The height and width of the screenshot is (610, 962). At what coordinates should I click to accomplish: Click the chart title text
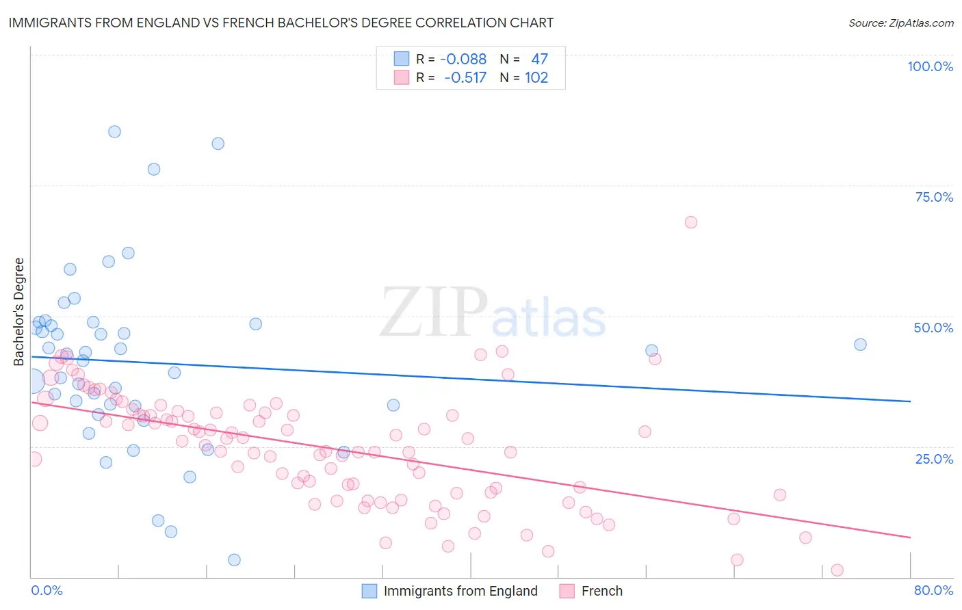(281, 23)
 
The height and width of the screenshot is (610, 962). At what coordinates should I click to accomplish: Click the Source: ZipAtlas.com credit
(900, 23)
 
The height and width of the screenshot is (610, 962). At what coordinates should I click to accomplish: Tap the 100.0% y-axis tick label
(930, 66)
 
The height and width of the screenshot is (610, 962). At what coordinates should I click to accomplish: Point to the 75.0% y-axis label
(934, 197)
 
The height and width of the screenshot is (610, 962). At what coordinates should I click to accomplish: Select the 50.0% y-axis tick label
(933, 328)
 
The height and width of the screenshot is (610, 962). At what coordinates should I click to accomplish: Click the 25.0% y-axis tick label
(934, 458)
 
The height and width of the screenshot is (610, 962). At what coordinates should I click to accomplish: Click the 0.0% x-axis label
(47, 590)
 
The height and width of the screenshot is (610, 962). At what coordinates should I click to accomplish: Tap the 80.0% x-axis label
(933, 590)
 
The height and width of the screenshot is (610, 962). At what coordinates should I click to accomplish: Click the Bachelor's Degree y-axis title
(19, 312)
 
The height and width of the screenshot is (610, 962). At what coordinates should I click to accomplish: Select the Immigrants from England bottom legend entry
(460, 591)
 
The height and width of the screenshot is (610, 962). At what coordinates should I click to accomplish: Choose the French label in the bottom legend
(601, 591)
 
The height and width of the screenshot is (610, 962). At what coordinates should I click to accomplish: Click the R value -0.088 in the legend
(463, 59)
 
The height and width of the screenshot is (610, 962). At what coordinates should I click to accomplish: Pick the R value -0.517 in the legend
(465, 77)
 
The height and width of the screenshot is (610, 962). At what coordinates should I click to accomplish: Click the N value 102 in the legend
(536, 77)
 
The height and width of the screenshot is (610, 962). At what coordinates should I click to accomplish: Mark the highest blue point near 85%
(115, 131)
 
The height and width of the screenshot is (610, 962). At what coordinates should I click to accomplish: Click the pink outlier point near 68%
(691, 222)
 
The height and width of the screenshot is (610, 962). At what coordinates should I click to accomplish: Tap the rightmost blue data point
(861, 345)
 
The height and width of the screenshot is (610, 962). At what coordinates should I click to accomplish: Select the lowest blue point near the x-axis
(234, 560)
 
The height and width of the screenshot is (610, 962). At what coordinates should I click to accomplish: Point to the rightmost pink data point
(837, 570)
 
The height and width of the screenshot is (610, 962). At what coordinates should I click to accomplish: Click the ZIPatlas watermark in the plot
(493, 313)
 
